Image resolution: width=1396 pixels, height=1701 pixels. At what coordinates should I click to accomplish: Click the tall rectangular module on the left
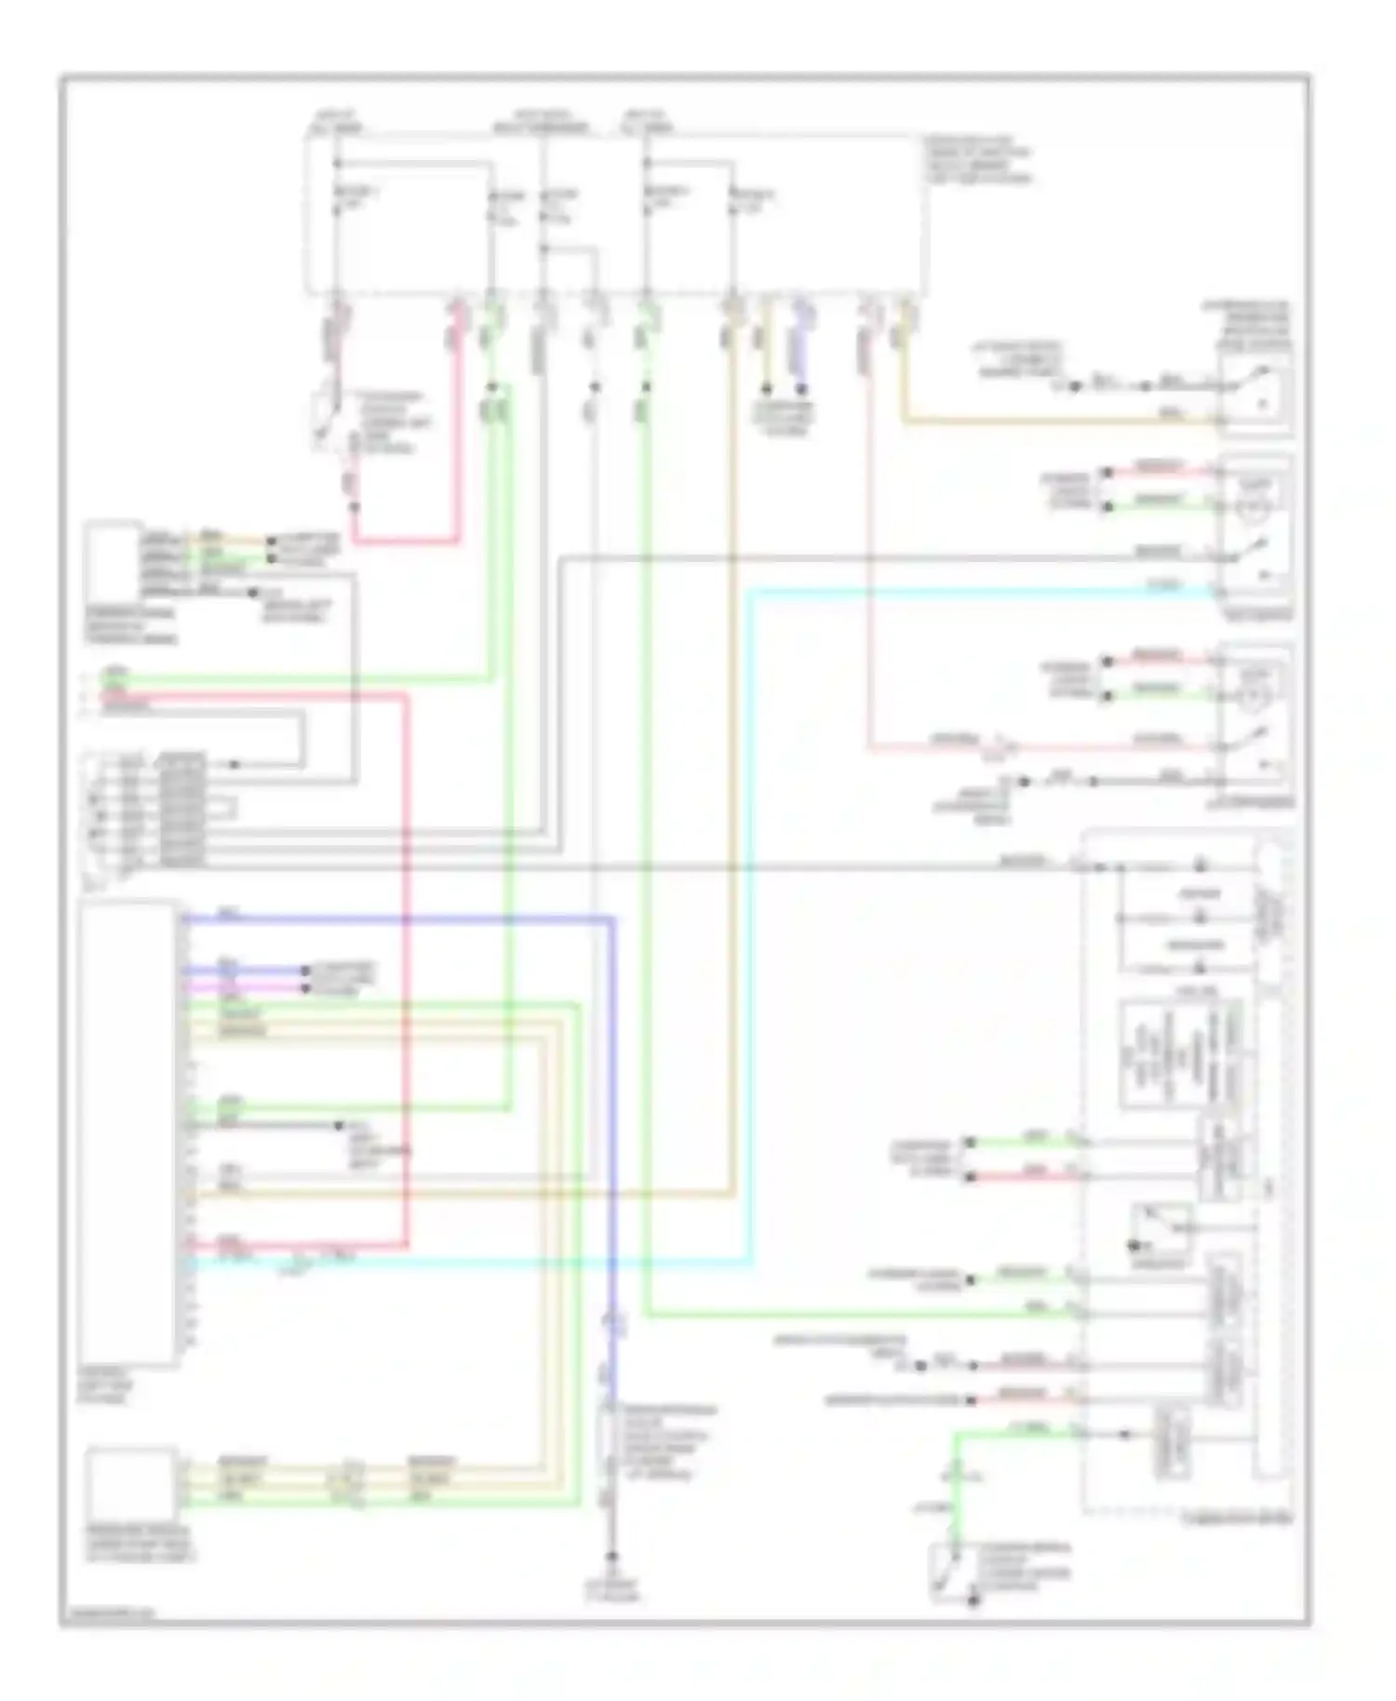128,1132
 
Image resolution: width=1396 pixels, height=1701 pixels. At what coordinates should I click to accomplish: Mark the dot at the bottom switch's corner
972,1601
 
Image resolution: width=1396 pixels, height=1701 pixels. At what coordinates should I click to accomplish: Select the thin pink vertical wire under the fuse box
869,558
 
